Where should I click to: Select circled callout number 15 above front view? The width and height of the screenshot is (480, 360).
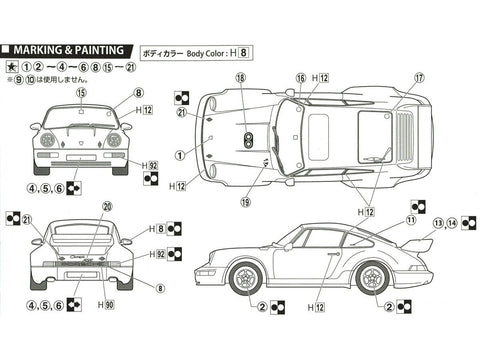coord(80,92)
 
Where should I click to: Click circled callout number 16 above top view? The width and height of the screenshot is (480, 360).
coord(300,77)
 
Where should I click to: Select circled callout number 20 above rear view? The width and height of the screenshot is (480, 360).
coord(107,207)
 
